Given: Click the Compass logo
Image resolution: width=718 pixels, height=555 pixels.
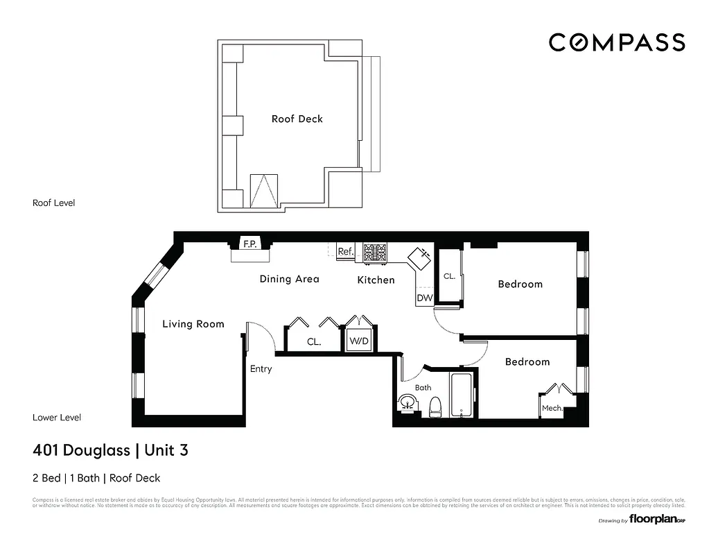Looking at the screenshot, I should pos(617,42).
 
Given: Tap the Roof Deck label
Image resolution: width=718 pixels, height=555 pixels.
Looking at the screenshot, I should pos(297,119).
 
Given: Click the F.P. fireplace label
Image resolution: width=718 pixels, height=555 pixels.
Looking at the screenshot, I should pos(249,244).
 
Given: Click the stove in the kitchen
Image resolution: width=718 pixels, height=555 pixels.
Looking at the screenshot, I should pos(375,253).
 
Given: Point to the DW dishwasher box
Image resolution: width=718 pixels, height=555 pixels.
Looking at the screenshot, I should pos(424,298).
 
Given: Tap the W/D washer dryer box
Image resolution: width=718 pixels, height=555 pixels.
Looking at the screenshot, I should pos(359,341).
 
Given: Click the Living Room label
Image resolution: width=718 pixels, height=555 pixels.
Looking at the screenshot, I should pos(193,324).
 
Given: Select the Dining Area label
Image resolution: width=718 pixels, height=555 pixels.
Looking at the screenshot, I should pos(289,279).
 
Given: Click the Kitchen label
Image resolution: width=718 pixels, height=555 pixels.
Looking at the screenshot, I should pos(376,280).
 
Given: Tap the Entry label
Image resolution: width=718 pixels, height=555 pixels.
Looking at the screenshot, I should pos(261,369).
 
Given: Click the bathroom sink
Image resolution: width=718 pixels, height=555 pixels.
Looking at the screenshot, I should pos(408,402).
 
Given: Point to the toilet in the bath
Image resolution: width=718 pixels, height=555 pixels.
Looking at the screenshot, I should pos(435,405).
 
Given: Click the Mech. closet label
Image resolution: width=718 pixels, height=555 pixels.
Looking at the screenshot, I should pos(552,409).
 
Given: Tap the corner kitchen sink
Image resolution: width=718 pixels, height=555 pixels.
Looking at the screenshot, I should pos(420,257).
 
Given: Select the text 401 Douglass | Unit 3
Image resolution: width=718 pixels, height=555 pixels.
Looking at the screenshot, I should pos(110,450).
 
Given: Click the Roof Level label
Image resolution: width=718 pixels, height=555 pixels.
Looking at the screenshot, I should pos(53,203).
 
